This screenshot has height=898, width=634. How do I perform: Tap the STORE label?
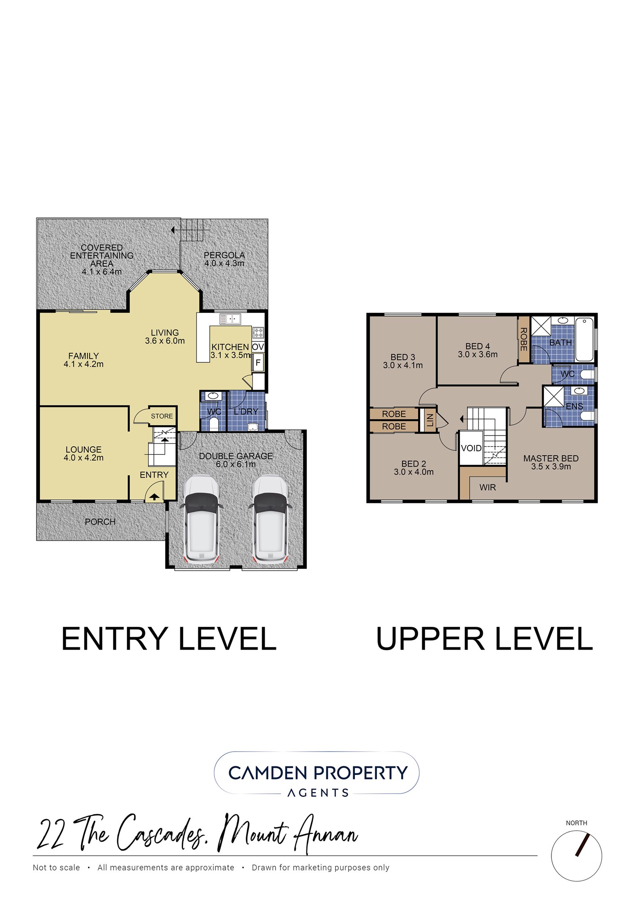click(x=162, y=416)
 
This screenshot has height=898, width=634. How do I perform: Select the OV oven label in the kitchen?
click(x=258, y=347)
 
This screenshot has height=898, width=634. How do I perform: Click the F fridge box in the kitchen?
click(x=258, y=362)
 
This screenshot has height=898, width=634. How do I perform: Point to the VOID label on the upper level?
click(x=471, y=448)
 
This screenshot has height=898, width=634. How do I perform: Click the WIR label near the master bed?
click(x=488, y=487)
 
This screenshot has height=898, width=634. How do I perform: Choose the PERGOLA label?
click(x=224, y=255)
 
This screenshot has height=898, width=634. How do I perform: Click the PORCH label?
click(x=100, y=522)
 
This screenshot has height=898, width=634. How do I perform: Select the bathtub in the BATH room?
click(x=584, y=339)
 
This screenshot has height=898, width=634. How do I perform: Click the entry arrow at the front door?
click(x=154, y=497)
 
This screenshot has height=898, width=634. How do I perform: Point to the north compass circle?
click(x=577, y=855)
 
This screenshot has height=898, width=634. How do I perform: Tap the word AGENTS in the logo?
click(x=318, y=793)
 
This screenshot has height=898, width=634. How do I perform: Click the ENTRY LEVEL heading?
click(x=169, y=639)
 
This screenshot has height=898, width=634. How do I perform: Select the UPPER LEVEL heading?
click(x=485, y=639)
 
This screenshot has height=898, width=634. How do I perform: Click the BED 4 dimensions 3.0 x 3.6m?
click(x=478, y=354)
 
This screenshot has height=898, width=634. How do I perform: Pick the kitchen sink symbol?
click(x=230, y=319)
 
